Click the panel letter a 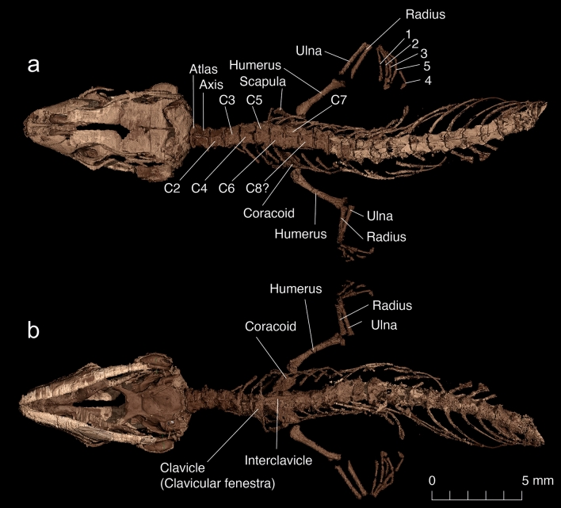tap(33, 65)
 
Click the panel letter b tap(33, 330)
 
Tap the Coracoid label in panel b tap(265, 326)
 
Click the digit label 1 tap(408, 36)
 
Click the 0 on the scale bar tap(432, 480)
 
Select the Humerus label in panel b tap(296, 289)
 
